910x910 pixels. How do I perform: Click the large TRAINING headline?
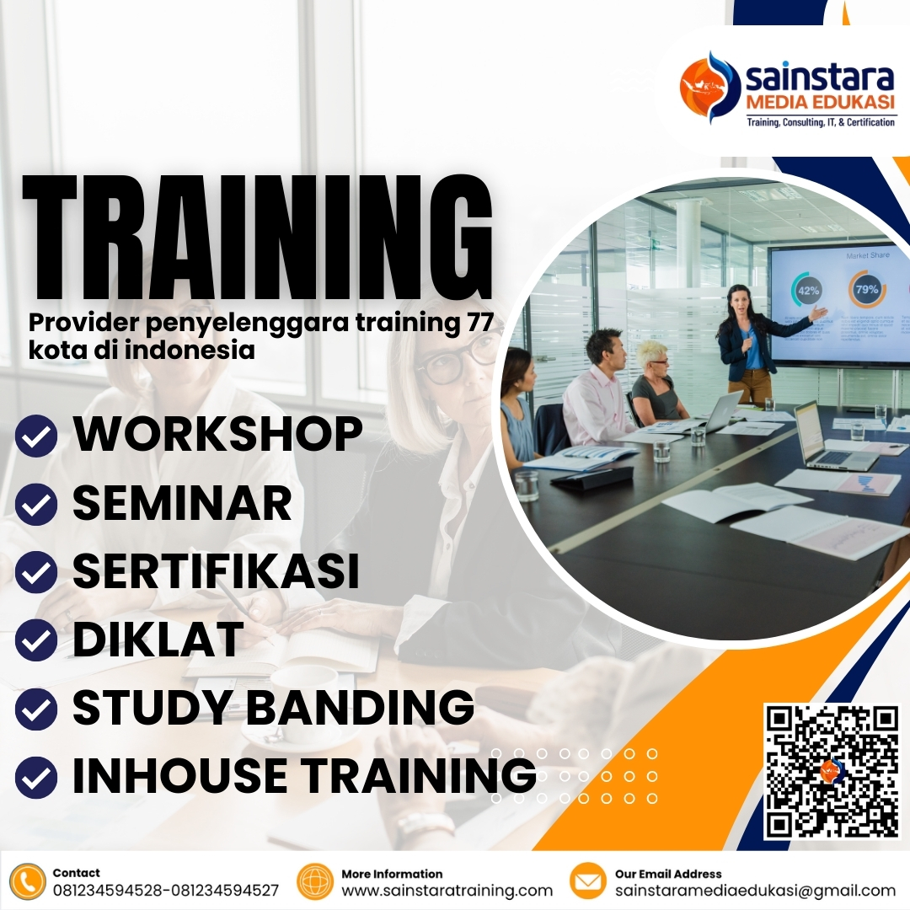tap(257, 240)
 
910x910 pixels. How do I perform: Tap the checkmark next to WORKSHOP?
tap(36, 435)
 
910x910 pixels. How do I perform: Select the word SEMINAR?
tap(182, 503)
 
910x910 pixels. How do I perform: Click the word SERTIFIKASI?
tap(217, 571)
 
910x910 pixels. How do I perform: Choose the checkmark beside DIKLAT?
tap(36, 640)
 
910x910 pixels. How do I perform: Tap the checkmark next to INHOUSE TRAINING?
tap(36, 776)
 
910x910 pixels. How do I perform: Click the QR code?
tap(832, 771)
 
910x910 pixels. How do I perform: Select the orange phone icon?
tap(28, 881)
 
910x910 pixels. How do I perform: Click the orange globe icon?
tap(316, 881)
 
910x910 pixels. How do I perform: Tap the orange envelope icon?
tap(588, 881)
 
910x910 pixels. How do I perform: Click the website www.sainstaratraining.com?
tap(447, 891)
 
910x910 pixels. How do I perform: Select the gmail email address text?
tap(755, 891)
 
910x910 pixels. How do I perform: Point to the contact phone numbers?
tap(165, 891)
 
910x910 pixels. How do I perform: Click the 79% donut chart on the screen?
tap(866, 289)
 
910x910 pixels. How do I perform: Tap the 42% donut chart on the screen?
tap(808, 291)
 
